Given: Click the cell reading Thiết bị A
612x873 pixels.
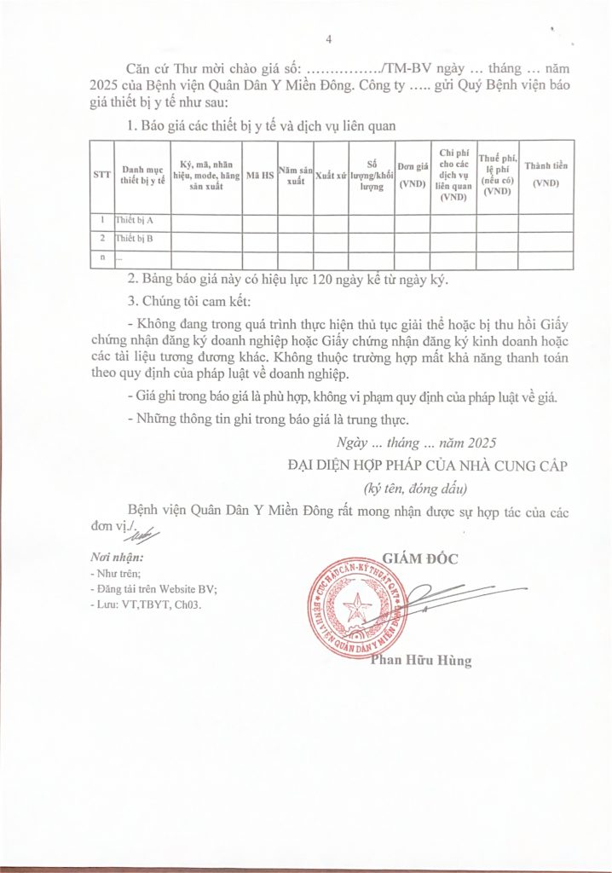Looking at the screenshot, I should click(x=134, y=221).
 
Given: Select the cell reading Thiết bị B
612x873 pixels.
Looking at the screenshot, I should click(x=134, y=238).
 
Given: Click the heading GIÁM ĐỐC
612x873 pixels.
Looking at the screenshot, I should click(x=421, y=559).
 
